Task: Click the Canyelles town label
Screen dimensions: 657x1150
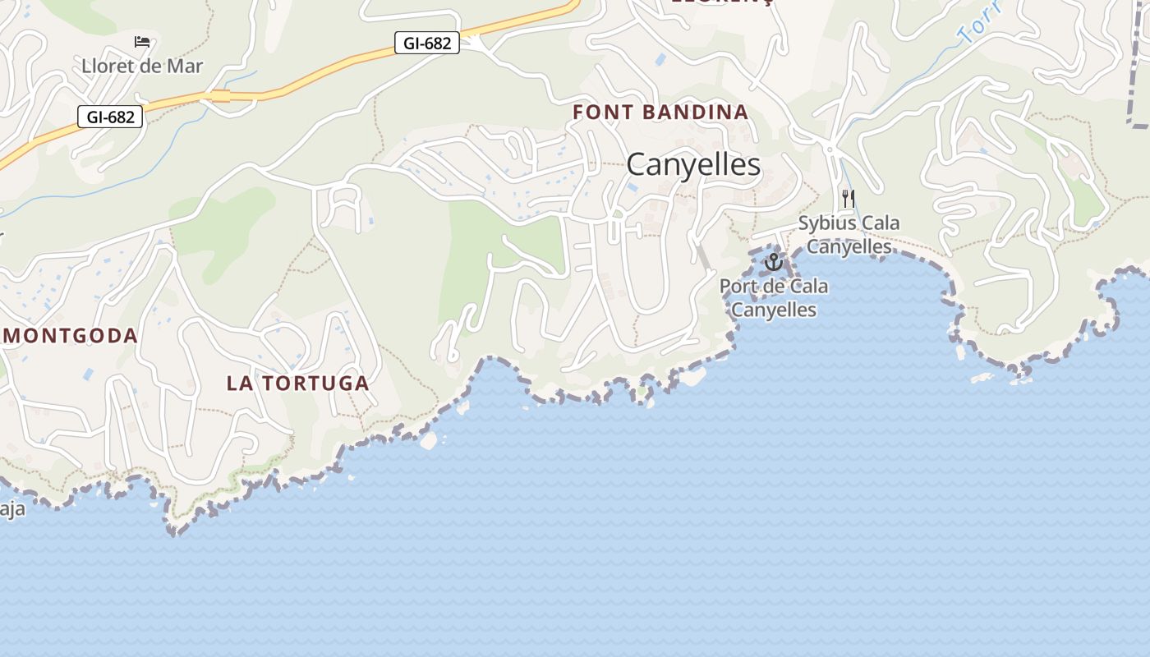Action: pos(693,165)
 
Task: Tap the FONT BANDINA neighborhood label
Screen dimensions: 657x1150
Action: pos(660,113)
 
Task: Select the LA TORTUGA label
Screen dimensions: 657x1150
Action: pos(297,383)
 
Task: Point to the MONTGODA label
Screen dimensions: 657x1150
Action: pos(71,335)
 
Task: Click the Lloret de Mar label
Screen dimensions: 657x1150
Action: pos(142,67)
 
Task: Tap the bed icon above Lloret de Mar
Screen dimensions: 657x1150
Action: pos(142,42)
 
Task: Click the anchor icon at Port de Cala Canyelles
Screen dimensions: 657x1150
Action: pos(773,263)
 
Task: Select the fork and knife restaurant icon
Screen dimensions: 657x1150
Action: pos(849,199)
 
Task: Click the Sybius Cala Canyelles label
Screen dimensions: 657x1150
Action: pos(849,234)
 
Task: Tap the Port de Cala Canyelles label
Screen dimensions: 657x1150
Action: pos(774,298)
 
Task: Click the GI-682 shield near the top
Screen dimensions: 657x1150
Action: pos(427,44)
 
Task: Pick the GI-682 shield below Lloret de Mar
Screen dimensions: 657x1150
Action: pos(110,117)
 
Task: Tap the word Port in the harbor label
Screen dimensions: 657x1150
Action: pos(737,287)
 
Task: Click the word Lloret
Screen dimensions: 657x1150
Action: pos(106,67)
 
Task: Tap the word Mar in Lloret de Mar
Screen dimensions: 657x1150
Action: pos(186,67)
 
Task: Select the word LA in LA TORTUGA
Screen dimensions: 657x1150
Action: pos(237,383)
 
